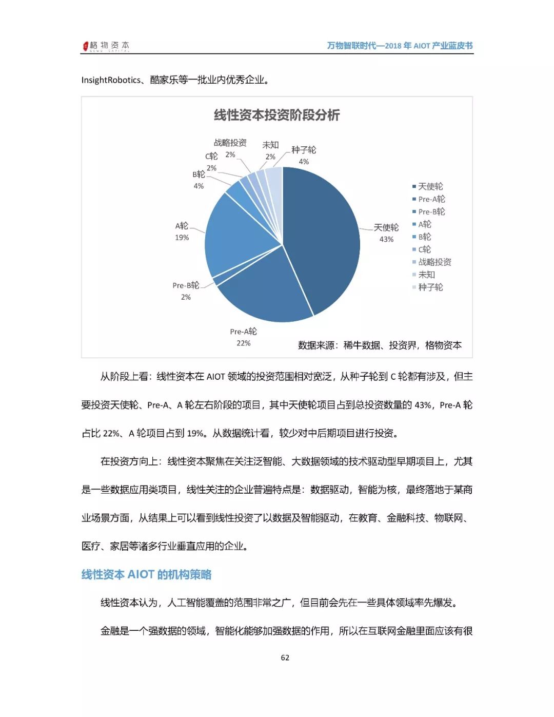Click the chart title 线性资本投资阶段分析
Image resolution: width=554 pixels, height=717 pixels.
tap(276, 115)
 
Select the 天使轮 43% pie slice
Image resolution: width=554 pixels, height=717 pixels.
tap(323, 236)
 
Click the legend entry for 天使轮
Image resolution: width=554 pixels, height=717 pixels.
tap(430, 186)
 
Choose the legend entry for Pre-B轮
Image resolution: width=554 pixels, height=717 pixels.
tap(431, 211)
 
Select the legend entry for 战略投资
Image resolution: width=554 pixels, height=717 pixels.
tap(434, 262)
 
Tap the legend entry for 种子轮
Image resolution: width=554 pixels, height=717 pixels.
tap(430, 287)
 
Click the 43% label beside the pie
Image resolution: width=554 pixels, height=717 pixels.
tap(386, 239)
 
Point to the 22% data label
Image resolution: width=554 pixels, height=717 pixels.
tap(244, 343)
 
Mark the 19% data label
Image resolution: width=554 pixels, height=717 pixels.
tap(182, 237)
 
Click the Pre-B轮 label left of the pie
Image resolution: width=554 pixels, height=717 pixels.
tap(186, 285)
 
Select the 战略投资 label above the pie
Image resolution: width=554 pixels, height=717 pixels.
tap(230, 143)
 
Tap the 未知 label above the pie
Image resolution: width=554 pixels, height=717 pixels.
tap(270, 145)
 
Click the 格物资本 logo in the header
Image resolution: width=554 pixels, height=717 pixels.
tap(106, 46)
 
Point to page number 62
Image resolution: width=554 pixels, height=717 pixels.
tap(285, 657)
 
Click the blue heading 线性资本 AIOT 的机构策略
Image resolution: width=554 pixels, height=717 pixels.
tap(147, 574)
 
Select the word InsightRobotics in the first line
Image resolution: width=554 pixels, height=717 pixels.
tap(111, 80)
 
